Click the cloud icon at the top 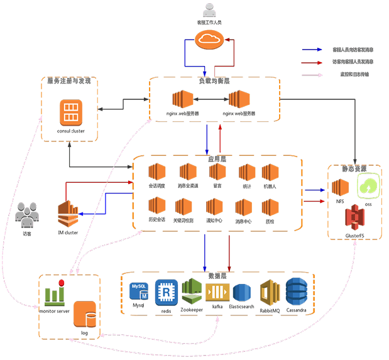coord(209,41)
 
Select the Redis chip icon coord(167,292)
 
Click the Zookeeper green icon coord(192,291)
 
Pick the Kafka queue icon coord(217,292)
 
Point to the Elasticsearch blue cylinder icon coord(242,293)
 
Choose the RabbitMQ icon coord(270,293)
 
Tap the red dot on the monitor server coord(62,282)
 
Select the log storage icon coord(84,314)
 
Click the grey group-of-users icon coord(27,215)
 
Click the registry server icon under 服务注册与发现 coord(70,114)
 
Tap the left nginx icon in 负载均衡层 coord(184,100)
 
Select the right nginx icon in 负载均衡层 coord(239,100)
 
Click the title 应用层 coord(216,160)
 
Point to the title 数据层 coord(217,276)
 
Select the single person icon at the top coord(209,11)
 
